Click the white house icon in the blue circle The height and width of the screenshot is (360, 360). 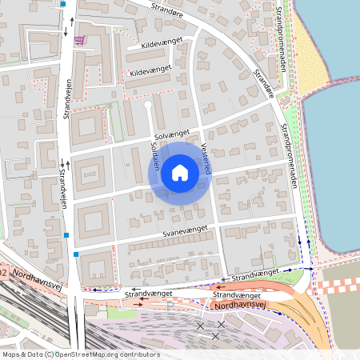click(x=180, y=172)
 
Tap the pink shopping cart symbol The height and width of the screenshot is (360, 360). click(x=79, y=40)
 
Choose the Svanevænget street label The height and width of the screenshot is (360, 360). click(x=185, y=230)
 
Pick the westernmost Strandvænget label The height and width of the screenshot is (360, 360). click(x=148, y=294)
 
